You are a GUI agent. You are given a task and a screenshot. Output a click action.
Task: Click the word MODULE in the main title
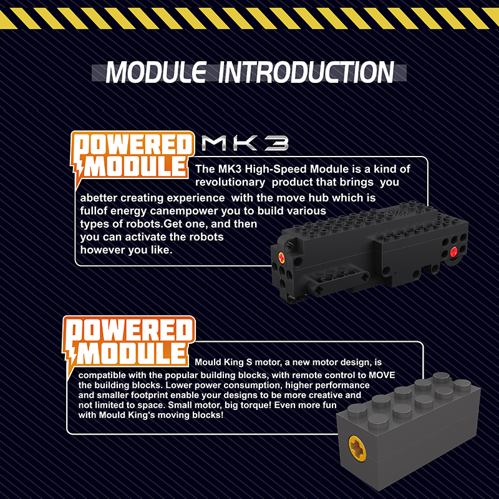click(x=156, y=72)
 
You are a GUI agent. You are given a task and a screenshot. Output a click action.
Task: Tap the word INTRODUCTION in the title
click(x=306, y=72)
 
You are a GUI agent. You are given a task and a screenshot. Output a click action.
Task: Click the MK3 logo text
click(x=245, y=143)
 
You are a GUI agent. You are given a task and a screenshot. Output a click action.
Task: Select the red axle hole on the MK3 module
click(x=453, y=253)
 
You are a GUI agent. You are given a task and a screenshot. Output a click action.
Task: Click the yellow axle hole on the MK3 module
click(x=282, y=257)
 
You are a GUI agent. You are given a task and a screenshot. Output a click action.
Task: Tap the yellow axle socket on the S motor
click(x=357, y=448)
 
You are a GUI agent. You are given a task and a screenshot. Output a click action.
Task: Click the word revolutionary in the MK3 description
click(x=230, y=182)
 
